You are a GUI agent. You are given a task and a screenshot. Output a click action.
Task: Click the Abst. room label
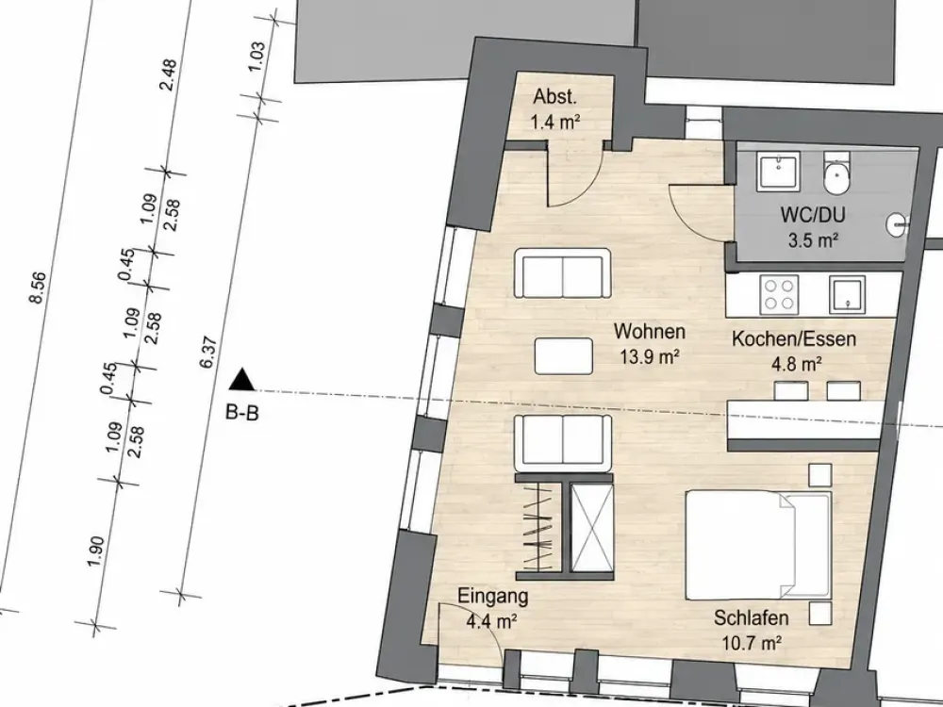tap(554, 97)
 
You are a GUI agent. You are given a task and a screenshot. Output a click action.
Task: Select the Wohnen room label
tap(650, 331)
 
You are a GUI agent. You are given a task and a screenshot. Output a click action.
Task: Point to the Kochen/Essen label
tap(793, 339)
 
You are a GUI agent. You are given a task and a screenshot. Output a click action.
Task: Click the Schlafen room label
tap(752, 617)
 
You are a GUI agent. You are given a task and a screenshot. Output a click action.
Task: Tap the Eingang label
tap(492, 597)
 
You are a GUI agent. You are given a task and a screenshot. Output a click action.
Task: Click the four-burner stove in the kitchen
tap(779, 294)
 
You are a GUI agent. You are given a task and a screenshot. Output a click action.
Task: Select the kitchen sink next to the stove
tap(848, 294)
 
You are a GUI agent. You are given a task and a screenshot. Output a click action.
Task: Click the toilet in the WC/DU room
tap(836, 173)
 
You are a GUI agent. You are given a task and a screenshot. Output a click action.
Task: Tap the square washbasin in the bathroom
tap(779, 171)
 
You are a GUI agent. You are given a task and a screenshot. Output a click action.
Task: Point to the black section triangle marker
tap(242, 379)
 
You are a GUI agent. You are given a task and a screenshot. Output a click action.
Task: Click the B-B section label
tap(241, 413)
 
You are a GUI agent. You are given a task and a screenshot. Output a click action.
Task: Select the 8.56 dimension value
tap(37, 288)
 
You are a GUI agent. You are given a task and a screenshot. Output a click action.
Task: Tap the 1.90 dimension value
tap(96, 551)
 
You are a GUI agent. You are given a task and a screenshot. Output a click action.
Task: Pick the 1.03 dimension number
tap(256, 58)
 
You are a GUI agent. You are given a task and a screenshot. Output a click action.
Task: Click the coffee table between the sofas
tap(564, 356)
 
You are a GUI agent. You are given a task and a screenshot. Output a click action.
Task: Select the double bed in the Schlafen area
tap(759, 545)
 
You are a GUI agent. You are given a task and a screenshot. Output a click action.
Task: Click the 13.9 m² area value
tap(650, 357)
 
